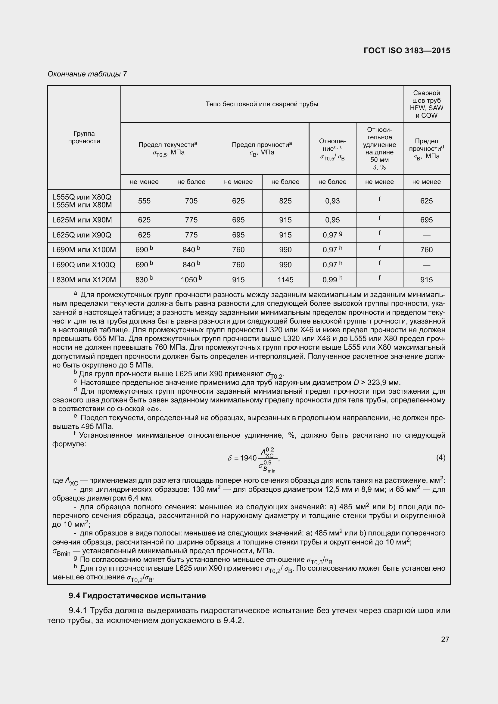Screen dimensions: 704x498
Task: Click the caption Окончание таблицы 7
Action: [87, 74]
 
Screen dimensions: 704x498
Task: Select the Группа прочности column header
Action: [84, 137]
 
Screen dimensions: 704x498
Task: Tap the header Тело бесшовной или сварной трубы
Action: [262, 104]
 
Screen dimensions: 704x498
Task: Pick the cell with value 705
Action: [191, 201]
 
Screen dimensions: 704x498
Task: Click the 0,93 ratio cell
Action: [332, 201]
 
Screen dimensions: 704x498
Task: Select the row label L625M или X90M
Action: [82, 220]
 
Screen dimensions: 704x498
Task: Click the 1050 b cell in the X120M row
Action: [191, 280]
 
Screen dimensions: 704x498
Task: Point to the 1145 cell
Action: [285, 280]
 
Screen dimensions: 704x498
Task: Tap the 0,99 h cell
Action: [332, 280]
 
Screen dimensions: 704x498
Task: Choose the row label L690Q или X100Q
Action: [84, 265]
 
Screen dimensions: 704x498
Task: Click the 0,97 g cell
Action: [332, 235]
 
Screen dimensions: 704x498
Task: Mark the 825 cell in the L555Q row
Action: [285, 201]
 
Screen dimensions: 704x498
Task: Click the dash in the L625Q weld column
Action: [426, 235]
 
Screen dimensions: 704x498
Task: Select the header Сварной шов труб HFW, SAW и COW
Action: [426, 104]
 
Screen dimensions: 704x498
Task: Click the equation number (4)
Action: [440, 458]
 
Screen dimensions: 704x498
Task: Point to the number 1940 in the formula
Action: [248, 458]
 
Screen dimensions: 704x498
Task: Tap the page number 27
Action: [445, 639]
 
